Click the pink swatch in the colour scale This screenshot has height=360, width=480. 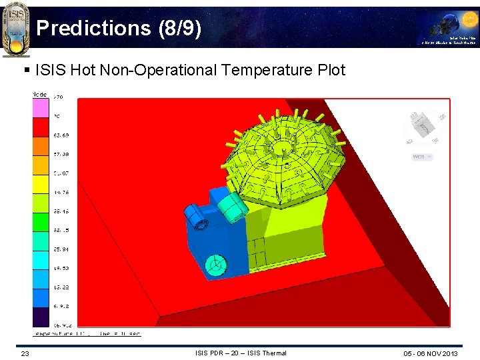point(41,107)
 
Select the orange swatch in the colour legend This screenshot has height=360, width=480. point(41,146)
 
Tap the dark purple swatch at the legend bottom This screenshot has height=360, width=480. point(41,317)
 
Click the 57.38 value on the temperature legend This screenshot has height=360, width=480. point(62,154)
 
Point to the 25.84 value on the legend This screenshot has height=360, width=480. point(62,249)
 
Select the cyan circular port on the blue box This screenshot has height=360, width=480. point(215,265)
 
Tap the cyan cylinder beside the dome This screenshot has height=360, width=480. point(233,206)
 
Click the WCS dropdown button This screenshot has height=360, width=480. point(422,157)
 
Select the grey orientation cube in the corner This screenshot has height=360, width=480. point(423,127)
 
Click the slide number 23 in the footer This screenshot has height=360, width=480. point(25,353)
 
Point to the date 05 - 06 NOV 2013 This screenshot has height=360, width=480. point(430,353)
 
